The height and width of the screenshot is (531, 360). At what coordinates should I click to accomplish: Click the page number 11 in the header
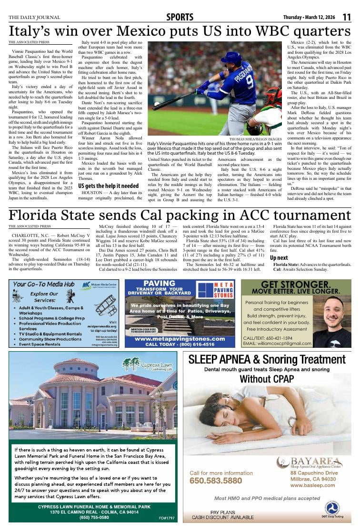347,17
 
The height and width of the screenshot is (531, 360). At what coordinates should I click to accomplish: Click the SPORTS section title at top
180,18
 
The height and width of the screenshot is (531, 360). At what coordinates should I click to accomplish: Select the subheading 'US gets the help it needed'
109,186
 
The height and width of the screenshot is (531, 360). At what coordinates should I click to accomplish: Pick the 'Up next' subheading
279,257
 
